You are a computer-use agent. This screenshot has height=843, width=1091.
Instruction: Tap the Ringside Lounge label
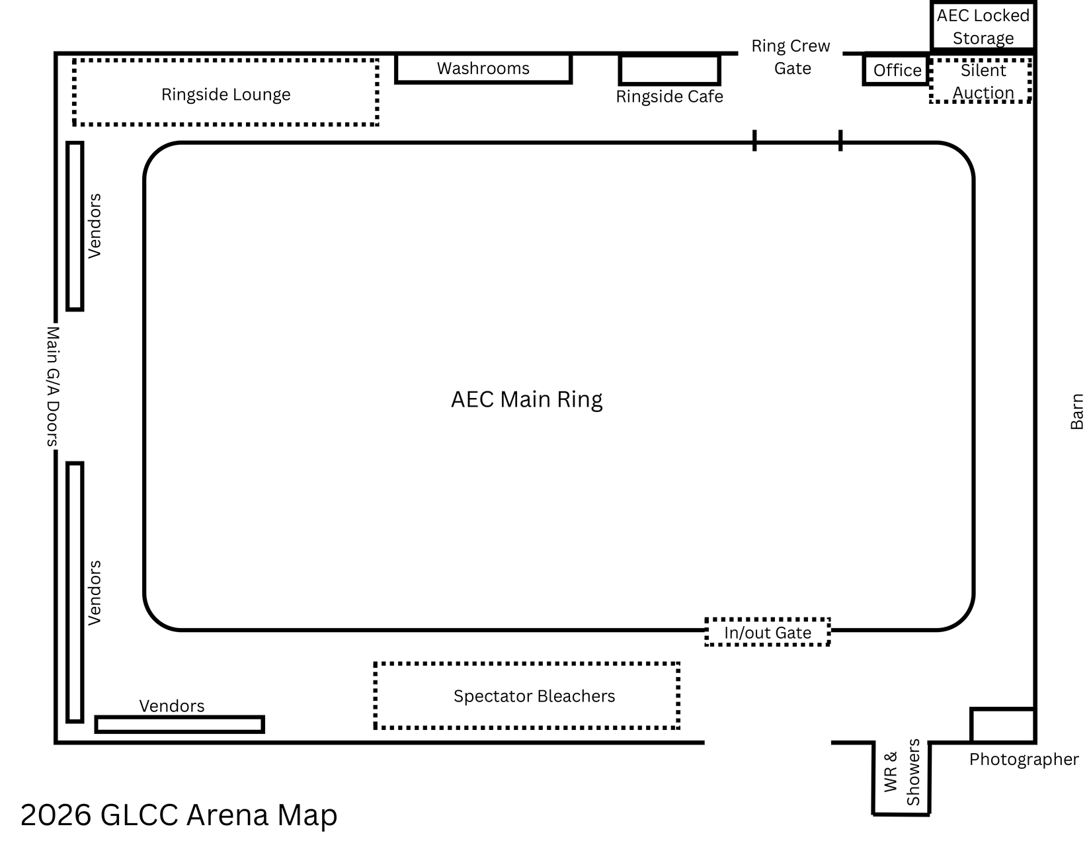pos(226,95)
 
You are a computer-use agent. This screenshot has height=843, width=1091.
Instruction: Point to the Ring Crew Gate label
pos(791,57)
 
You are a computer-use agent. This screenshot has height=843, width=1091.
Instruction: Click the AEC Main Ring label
pos(527,399)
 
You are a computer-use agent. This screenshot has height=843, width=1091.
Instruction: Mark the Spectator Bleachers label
pos(534,696)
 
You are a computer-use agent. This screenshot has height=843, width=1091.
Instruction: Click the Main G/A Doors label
pos(53,387)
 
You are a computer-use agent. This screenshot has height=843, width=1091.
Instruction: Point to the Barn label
pos(1076,412)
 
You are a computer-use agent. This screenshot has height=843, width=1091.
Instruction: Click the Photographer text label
pos(1024,759)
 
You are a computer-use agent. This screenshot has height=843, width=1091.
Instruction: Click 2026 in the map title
pos(56,815)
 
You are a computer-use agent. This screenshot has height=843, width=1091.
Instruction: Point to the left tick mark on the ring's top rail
pos(754,140)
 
